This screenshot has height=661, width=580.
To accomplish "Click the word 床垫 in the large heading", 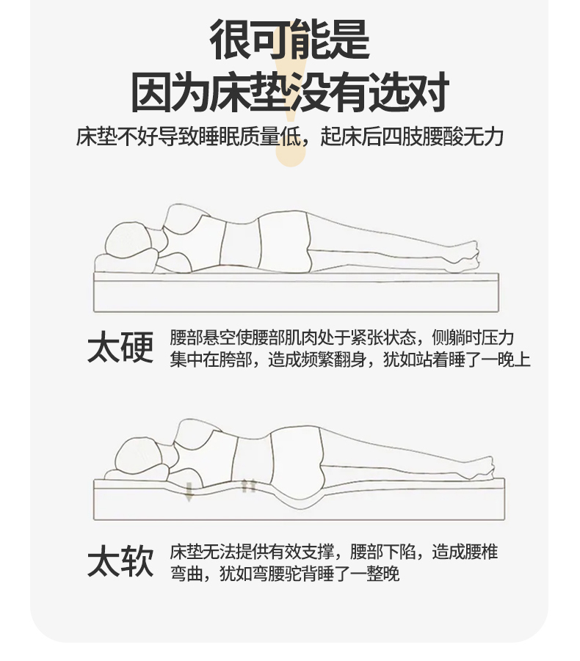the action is click(250, 92).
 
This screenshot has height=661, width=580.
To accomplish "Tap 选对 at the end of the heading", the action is click(408, 92).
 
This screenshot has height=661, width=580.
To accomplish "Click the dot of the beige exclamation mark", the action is click(291, 155).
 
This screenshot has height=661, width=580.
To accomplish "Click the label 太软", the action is click(120, 560).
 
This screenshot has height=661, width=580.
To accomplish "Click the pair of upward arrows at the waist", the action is click(248, 486).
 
